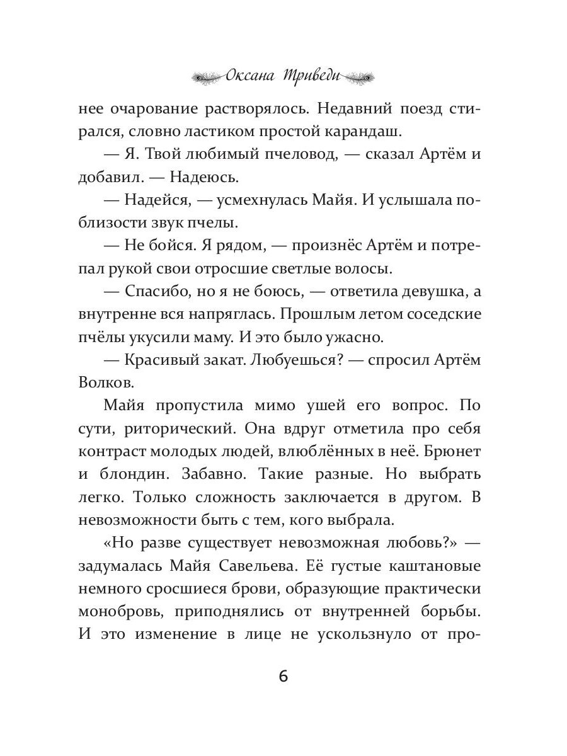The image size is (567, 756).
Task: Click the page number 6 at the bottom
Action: pos(283,677)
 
